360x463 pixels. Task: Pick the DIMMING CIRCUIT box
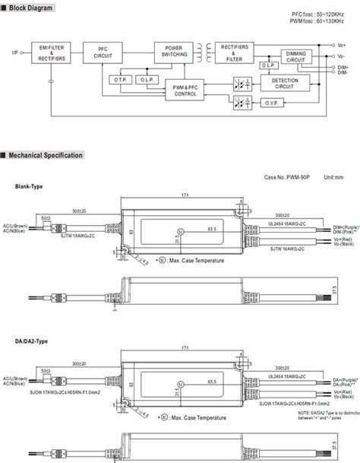[x=296, y=56]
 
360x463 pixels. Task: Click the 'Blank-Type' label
[x=30, y=186]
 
